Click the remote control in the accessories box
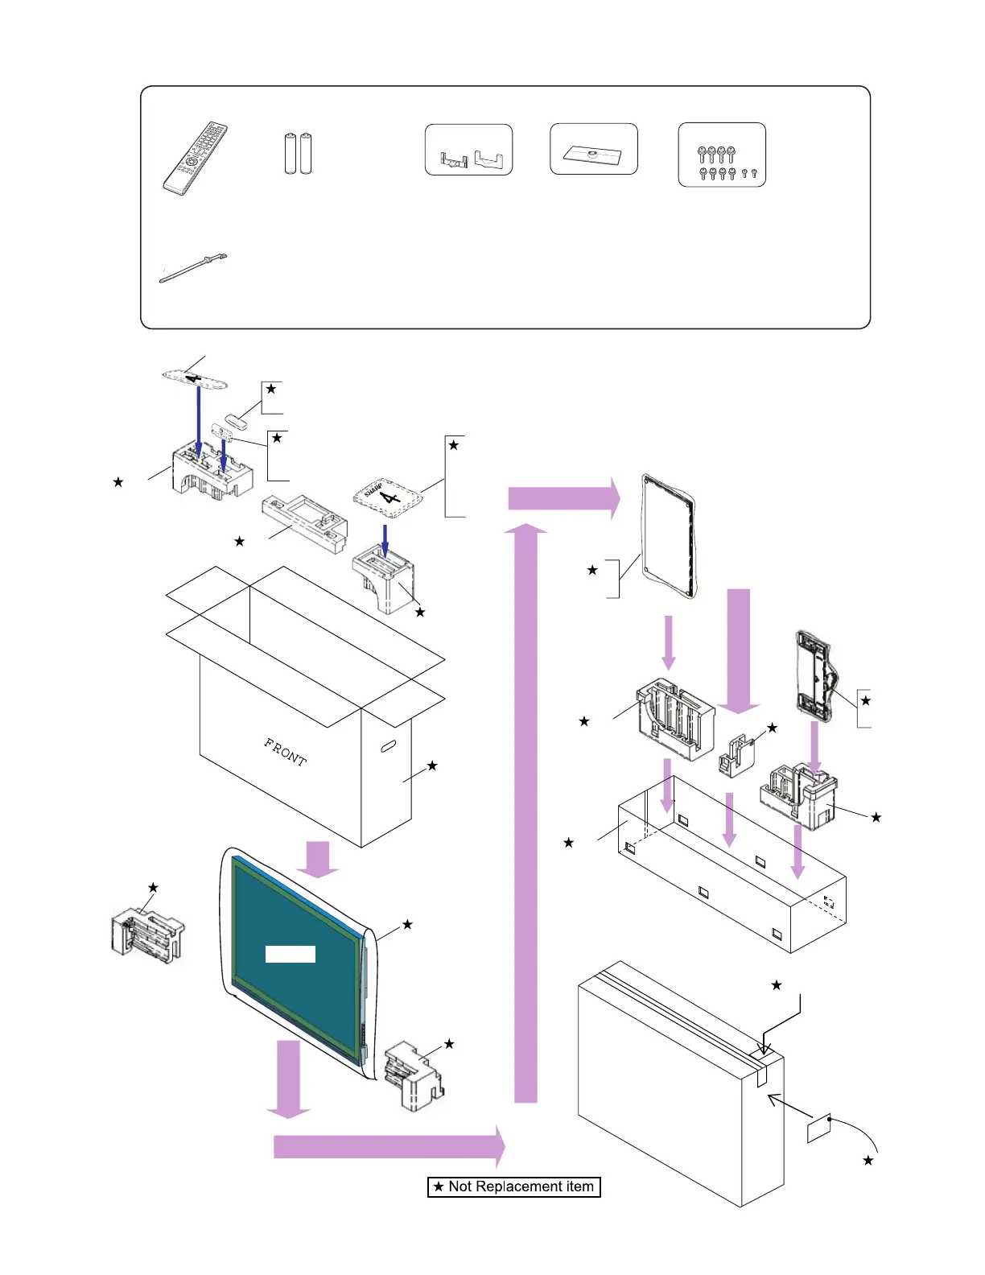click(x=196, y=159)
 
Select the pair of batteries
click(x=298, y=153)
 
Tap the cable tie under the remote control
click(x=193, y=268)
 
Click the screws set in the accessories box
click(x=722, y=155)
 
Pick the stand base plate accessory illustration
click(x=593, y=151)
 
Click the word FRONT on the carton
click(x=286, y=752)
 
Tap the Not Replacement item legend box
click(x=514, y=1186)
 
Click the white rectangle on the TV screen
click(x=291, y=954)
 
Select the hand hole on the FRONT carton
click(x=387, y=746)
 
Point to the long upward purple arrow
click(x=525, y=813)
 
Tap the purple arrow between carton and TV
click(x=319, y=859)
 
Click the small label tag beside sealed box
click(x=818, y=1129)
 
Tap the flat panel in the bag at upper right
click(x=669, y=536)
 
